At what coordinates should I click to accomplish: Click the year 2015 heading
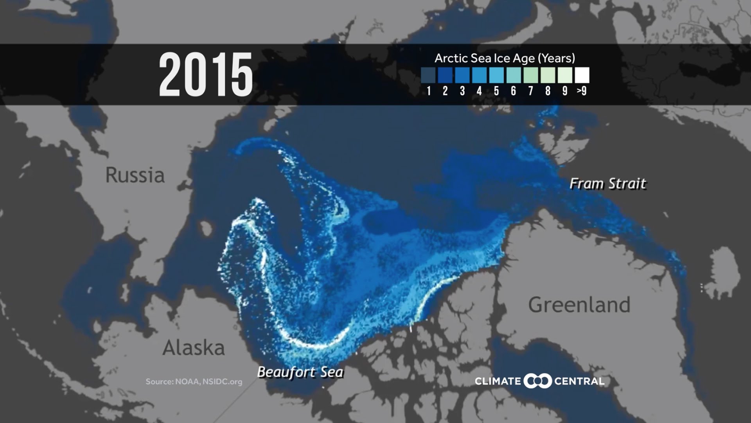pos(206,74)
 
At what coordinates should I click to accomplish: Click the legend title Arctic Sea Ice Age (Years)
pos(505,58)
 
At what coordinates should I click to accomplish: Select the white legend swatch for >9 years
pos(582,75)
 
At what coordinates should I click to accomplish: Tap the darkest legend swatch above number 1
pos(428,75)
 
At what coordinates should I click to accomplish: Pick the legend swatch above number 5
pos(496,75)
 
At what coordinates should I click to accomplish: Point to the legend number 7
pos(530,91)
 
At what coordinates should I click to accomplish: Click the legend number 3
pos(462,91)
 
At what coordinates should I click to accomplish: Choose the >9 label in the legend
pos(582,91)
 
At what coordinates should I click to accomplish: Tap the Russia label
pos(135,175)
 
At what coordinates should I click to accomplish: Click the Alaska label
pos(194,348)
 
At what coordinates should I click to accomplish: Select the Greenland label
pos(579,305)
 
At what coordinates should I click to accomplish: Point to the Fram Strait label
pos(607,184)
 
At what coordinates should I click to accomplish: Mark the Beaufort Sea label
pos(300,372)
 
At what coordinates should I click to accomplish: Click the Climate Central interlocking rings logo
pos(538,381)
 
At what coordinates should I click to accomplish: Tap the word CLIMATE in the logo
pos(498,381)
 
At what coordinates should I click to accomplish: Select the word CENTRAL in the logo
pos(579,381)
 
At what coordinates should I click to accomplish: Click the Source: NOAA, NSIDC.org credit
pos(194,381)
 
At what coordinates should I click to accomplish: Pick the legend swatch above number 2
pos(445,75)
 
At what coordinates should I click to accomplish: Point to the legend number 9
pos(565,91)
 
